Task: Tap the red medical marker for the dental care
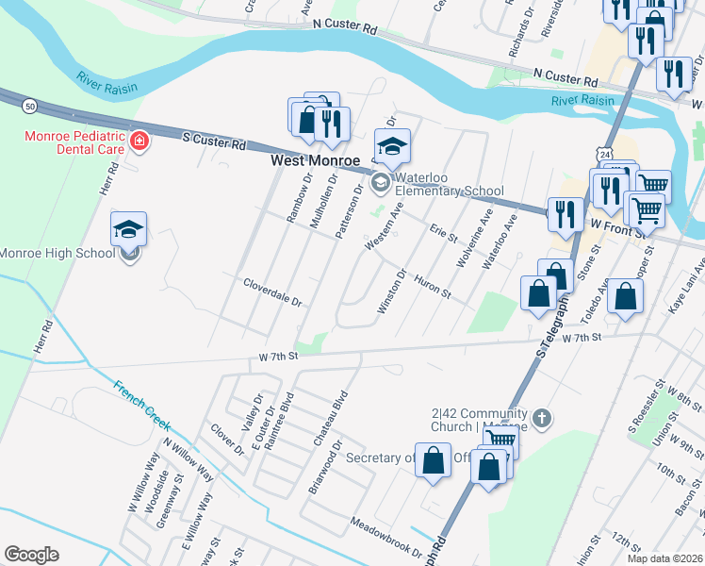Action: click(139, 141)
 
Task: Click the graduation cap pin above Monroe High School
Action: click(128, 229)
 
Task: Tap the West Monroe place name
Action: click(310, 160)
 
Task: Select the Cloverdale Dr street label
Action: click(271, 292)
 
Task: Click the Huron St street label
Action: click(434, 291)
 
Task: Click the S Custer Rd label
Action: click(214, 141)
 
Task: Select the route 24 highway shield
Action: click(603, 152)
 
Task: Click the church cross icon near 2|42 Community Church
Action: click(542, 417)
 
